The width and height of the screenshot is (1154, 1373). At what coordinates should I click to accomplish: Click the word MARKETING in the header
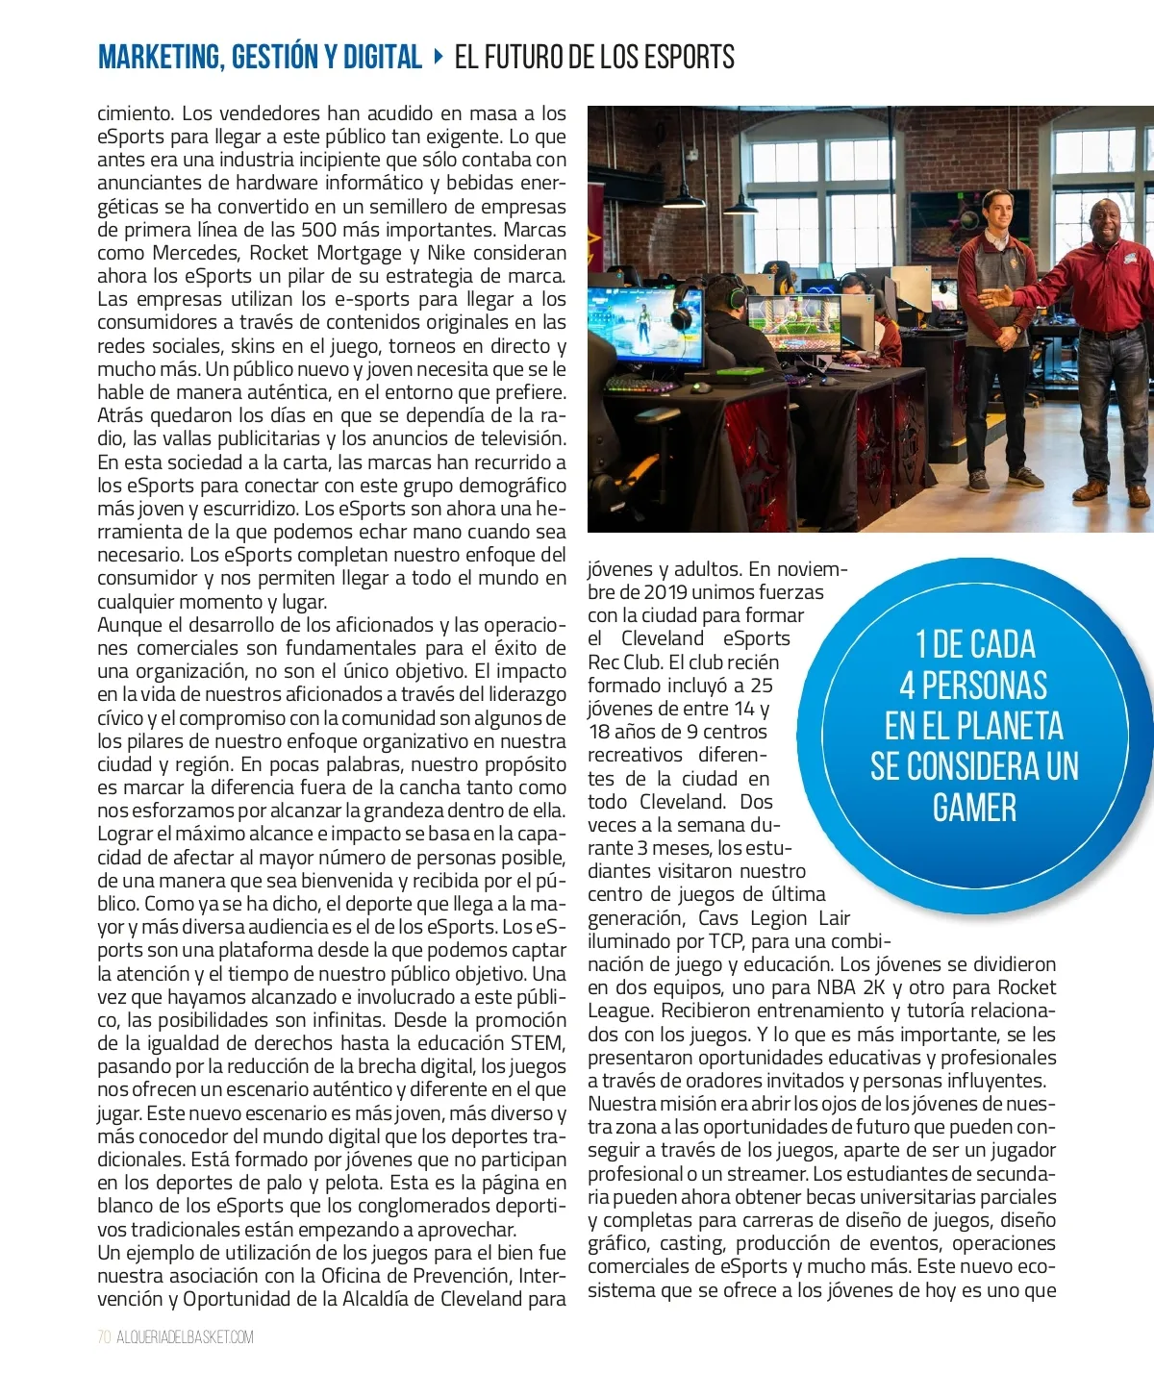coord(159,58)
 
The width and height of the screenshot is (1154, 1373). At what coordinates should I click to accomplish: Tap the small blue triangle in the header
coord(439,57)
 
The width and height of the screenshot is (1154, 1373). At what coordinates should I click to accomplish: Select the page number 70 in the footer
coord(104,1337)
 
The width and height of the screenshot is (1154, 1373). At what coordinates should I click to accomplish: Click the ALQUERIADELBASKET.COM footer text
coord(186,1337)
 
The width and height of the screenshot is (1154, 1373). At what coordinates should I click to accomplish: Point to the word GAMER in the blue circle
coord(974,808)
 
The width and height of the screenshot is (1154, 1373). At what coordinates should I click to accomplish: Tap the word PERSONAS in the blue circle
coord(985,686)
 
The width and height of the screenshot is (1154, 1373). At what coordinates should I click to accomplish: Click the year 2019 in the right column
coord(665,592)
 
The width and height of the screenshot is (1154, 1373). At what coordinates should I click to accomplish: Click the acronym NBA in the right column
coord(836,987)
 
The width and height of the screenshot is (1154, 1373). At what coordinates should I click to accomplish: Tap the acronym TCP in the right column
coord(726,941)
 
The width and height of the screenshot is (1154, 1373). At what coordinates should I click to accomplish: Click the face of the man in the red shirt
coord(1108,222)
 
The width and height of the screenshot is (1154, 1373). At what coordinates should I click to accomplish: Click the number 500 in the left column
coord(318,230)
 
